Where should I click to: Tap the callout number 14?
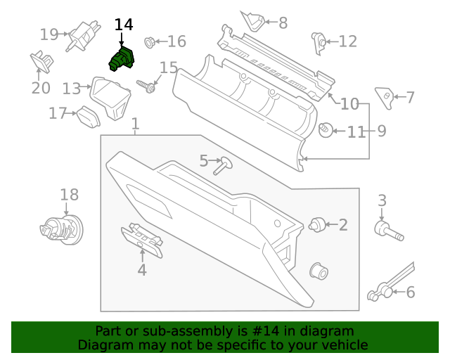click(123, 25)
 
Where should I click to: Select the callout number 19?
click(49, 34)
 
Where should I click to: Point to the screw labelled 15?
click(149, 87)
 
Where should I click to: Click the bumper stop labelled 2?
click(317, 225)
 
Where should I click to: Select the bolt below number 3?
click(386, 231)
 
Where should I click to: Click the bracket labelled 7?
click(384, 96)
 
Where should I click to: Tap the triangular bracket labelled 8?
click(253, 21)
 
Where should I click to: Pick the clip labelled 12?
click(319, 42)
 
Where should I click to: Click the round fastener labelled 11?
click(326, 131)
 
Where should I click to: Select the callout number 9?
click(381, 130)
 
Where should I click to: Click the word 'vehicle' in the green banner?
click(344, 345)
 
